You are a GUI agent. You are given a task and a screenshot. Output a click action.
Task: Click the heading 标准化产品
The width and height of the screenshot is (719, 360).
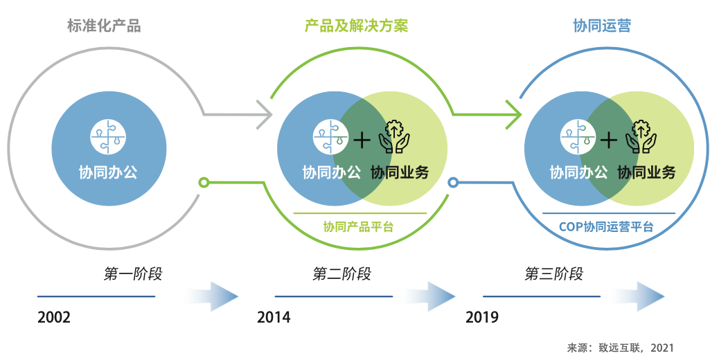point(104,26)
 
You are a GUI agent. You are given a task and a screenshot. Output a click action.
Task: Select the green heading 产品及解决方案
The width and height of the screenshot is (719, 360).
point(356,26)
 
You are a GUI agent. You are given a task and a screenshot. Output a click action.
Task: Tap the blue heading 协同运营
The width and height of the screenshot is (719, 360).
point(602,26)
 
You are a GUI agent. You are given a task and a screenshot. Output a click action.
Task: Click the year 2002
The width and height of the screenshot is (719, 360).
point(54,318)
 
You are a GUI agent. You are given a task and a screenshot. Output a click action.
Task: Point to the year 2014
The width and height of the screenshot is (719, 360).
point(274,318)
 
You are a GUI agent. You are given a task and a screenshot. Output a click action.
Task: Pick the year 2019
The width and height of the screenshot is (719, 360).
point(482,318)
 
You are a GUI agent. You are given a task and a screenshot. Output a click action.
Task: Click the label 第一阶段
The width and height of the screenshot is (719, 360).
point(133,274)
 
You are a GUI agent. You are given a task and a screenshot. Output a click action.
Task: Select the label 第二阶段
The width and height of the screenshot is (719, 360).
point(342,274)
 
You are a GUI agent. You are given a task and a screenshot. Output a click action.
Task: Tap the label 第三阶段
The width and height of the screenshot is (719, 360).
point(554,274)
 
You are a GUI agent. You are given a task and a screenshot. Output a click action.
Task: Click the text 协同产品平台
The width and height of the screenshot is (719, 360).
point(358,226)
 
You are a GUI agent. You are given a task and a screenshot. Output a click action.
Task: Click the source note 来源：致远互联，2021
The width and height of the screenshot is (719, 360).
point(620,348)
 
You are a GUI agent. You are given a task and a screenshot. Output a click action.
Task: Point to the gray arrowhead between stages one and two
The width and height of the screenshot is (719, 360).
point(264,114)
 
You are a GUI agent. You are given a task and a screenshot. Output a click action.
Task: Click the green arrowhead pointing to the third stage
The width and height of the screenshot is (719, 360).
point(513,114)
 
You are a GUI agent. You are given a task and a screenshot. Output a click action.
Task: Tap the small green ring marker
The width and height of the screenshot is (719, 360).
point(203,183)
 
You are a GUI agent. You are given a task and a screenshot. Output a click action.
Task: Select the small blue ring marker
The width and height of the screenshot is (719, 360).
point(453,183)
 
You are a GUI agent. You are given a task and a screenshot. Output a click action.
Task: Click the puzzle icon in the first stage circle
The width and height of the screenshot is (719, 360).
point(108,136)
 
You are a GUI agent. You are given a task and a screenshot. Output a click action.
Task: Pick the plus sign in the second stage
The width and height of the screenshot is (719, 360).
point(362,141)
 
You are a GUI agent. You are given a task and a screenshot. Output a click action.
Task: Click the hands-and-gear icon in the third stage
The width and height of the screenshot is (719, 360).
point(641,136)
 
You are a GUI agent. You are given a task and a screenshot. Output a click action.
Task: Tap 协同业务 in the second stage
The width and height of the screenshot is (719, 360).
point(400,172)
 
